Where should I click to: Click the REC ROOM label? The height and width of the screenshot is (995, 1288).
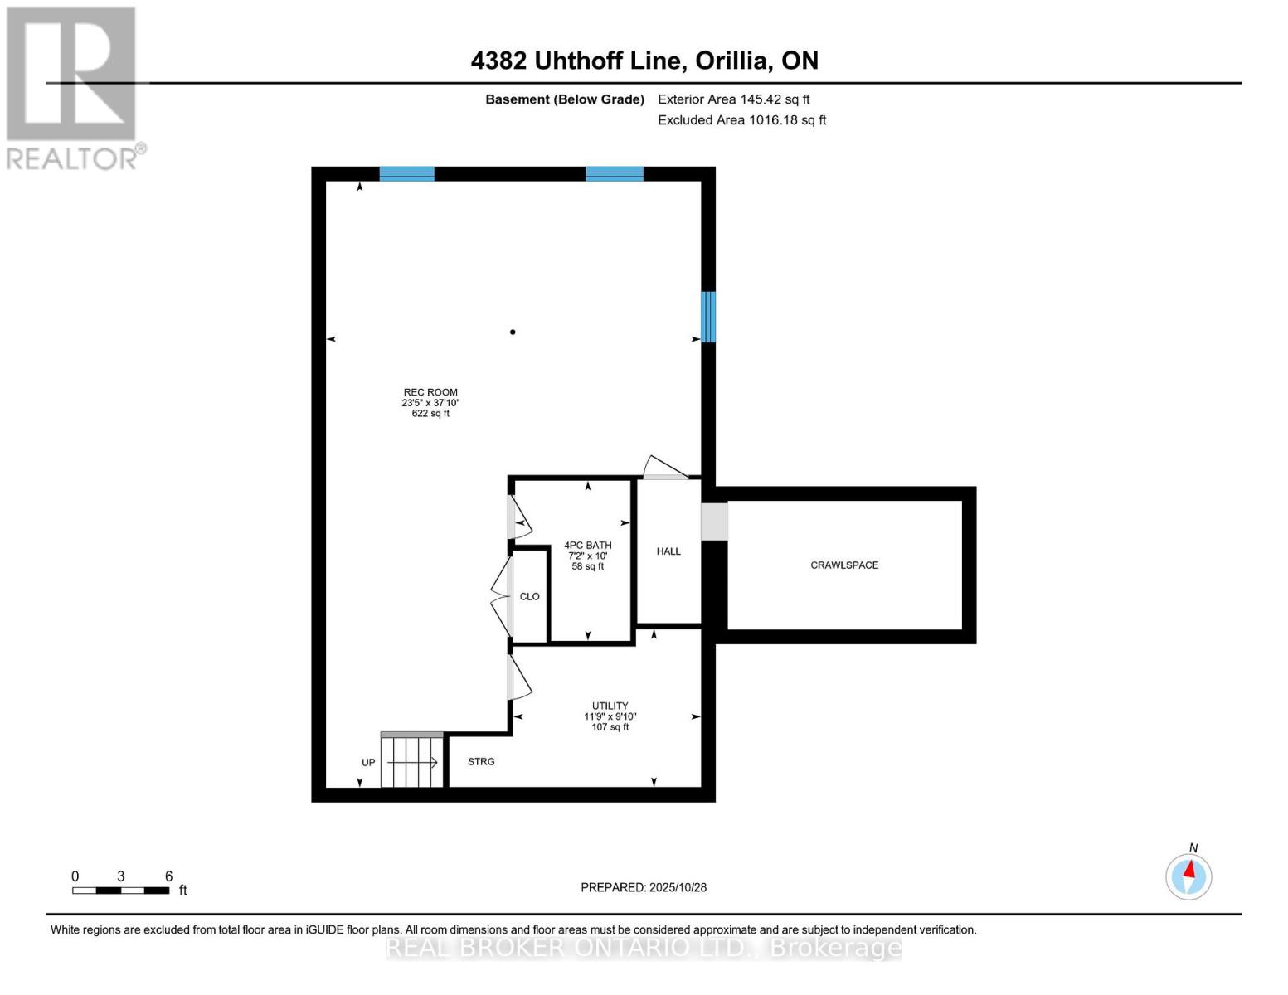pyautogui.click(x=430, y=392)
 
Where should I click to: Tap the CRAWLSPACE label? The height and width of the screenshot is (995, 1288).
pyautogui.click(x=844, y=565)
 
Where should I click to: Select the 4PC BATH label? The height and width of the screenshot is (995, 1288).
pyautogui.click(x=588, y=546)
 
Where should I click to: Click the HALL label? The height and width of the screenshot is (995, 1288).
pyautogui.click(x=668, y=551)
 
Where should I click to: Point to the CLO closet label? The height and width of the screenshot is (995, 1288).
pyautogui.click(x=529, y=596)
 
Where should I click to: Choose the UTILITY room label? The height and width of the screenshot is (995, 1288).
pyautogui.click(x=610, y=706)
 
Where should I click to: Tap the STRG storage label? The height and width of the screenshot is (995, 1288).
pyautogui.click(x=481, y=761)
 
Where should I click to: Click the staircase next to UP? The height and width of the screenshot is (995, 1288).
pyautogui.click(x=412, y=762)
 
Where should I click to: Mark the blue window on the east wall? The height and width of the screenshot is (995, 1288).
pyautogui.click(x=708, y=317)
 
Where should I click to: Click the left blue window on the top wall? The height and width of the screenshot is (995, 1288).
pyautogui.click(x=406, y=174)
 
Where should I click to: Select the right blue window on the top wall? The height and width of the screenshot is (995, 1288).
pyautogui.click(x=615, y=174)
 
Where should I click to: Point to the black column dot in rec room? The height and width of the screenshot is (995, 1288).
pyautogui.click(x=513, y=332)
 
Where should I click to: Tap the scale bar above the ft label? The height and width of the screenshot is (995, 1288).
pyautogui.click(x=121, y=891)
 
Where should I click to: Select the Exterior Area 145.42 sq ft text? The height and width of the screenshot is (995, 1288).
pyautogui.click(x=733, y=99)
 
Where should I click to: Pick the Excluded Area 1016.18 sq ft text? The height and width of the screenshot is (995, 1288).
pyautogui.click(x=741, y=120)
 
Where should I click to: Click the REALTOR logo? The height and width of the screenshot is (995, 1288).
pyautogui.click(x=73, y=87)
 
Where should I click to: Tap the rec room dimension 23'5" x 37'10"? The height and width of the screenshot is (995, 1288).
pyautogui.click(x=430, y=403)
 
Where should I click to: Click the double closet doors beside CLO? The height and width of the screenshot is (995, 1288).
pyautogui.click(x=500, y=596)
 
